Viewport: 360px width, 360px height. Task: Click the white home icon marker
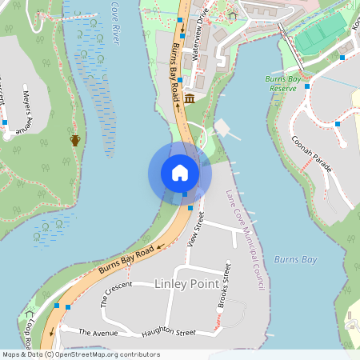180,172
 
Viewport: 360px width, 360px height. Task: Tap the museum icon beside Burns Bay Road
190,98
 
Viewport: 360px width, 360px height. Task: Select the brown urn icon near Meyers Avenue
75,140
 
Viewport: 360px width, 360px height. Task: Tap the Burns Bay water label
295,259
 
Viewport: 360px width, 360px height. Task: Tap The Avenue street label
98,331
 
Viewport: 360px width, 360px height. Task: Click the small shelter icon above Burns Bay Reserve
233,15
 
